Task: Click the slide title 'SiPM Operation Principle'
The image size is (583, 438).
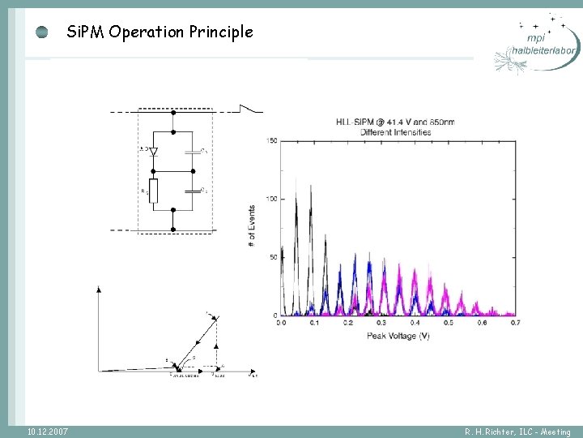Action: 160,32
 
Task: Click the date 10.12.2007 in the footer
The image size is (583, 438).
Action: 47,431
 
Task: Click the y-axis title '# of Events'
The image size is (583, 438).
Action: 252,225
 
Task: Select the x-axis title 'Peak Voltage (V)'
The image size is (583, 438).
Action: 398,335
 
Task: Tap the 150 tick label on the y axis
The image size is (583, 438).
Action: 272,141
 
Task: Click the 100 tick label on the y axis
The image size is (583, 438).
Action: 272,199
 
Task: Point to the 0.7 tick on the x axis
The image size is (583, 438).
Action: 514,324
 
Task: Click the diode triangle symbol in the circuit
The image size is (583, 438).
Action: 153,150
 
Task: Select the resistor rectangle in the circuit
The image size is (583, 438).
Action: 153,191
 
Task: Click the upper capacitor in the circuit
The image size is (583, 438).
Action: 193,150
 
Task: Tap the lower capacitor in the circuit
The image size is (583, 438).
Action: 193,191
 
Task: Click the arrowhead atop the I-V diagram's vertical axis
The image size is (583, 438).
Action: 98,289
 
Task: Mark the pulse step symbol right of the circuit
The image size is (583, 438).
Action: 252,108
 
